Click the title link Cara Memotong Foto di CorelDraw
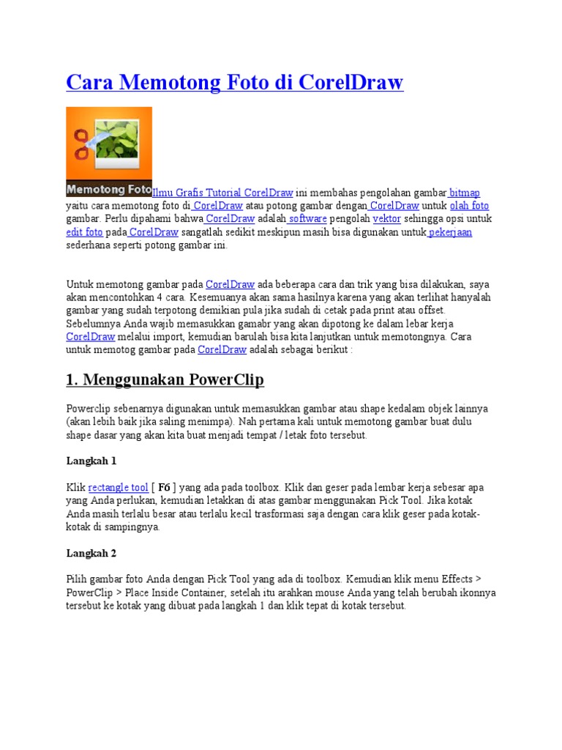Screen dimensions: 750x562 (x=234, y=83)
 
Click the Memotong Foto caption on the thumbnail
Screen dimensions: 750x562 (x=108, y=189)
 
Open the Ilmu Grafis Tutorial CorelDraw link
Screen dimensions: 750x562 (x=222, y=193)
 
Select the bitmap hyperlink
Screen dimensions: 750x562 (x=465, y=193)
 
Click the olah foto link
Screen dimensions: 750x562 (x=469, y=206)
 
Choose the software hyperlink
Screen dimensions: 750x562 (x=308, y=219)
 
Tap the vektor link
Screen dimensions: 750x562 (x=386, y=219)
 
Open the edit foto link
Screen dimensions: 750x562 (x=84, y=232)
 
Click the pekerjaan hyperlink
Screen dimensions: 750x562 (x=451, y=232)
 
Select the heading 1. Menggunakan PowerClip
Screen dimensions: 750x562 (x=165, y=380)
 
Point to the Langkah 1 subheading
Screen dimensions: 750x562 (x=91, y=461)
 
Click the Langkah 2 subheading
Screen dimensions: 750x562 (x=91, y=553)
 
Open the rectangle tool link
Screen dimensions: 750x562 (x=119, y=487)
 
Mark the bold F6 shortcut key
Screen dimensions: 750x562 (x=165, y=487)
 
